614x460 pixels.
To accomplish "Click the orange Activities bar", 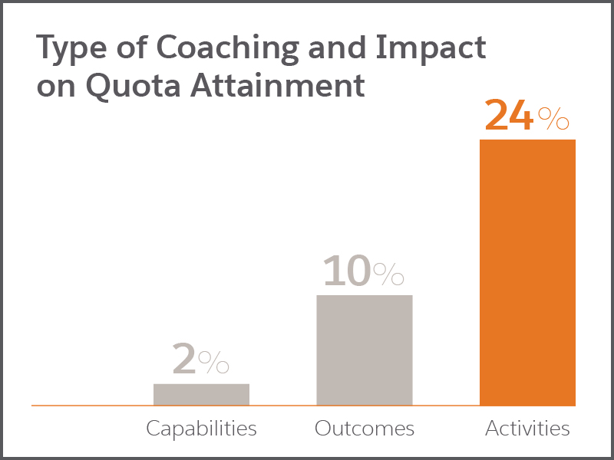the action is tap(527, 273).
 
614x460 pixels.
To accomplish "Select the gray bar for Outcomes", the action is tap(365, 350).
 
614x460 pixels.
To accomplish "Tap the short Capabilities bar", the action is tap(201, 395).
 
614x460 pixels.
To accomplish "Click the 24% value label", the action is tap(527, 114).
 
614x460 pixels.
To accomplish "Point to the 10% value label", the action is tap(363, 271).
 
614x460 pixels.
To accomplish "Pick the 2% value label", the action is tap(201, 358).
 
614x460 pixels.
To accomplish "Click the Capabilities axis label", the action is tap(201, 429).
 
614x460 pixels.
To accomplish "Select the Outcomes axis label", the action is tap(364, 429).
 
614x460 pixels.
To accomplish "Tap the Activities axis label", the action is tap(527, 429).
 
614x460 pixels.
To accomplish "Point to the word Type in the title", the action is tap(71, 48).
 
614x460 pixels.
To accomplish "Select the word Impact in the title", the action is tap(431, 48).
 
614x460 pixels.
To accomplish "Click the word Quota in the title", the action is tap(133, 86).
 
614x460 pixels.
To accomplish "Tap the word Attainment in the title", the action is tap(278, 85).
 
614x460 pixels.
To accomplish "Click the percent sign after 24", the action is tap(553, 119).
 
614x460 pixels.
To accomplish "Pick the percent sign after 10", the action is tap(388, 274).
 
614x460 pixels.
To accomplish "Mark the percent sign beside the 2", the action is tap(213, 362).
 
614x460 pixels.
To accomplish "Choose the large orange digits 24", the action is tap(509, 114).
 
